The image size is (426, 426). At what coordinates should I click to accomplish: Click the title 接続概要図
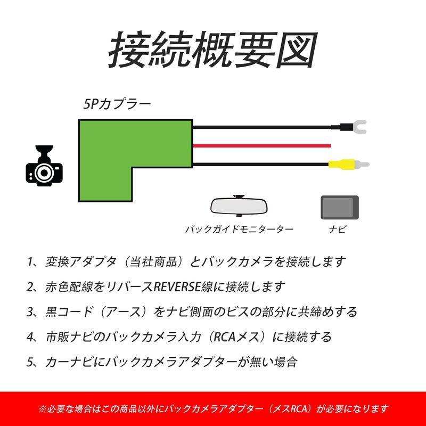pyautogui.click(x=213, y=50)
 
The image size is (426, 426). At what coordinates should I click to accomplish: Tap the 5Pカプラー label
pyautogui.click(x=117, y=104)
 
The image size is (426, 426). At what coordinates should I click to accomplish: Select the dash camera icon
pyautogui.click(x=44, y=166)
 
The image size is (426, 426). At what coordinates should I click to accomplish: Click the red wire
pyautogui.click(x=262, y=146)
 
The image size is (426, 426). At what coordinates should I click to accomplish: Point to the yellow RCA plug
pyautogui.click(x=342, y=165)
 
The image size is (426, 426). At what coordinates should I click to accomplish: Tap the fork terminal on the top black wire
pyautogui.click(x=358, y=127)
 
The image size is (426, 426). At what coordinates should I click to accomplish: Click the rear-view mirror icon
pyautogui.click(x=239, y=206)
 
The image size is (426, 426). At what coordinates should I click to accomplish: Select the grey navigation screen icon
pyautogui.click(x=340, y=207)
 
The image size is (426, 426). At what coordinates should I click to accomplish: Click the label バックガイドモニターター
pyautogui.click(x=239, y=230)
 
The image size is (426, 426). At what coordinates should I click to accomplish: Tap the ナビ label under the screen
pyautogui.click(x=338, y=230)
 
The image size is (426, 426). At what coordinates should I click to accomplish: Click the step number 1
pyautogui.click(x=30, y=262)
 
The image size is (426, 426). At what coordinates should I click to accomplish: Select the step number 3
pyautogui.click(x=30, y=312)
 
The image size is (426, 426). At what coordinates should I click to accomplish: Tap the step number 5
pyautogui.click(x=30, y=362)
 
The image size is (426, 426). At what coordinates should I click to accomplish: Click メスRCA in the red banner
pyautogui.click(x=290, y=408)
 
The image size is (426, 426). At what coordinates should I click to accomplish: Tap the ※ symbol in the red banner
pyautogui.click(x=43, y=408)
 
